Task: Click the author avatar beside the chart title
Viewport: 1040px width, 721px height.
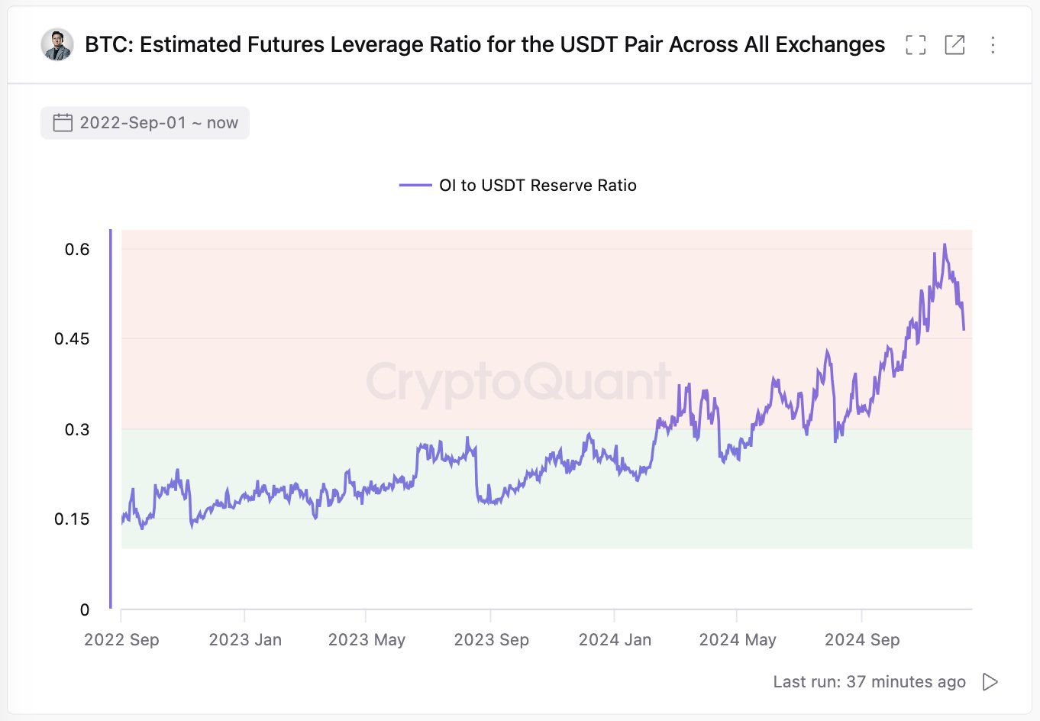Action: (x=57, y=45)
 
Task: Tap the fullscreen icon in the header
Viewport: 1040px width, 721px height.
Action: (x=916, y=45)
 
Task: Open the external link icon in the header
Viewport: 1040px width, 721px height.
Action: (x=954, y=45)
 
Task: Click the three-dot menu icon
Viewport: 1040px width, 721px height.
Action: (x=993, y=45)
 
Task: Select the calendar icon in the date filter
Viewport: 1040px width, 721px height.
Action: (x=63, y=123)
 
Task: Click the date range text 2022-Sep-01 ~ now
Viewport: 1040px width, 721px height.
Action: (x=159, y=123)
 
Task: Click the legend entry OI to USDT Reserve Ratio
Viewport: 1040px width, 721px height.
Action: (x=537, y=186)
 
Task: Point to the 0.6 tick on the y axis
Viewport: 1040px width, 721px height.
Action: (x=77, y=250)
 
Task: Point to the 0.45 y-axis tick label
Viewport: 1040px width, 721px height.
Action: (x=72, y=339)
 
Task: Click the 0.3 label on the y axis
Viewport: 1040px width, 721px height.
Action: (x=77, y=429)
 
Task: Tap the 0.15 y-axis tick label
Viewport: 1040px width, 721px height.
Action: (x=72, y=519)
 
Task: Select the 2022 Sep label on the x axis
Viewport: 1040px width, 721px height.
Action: (x=121, y=640)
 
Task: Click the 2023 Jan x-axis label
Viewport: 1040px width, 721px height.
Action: (x=245, y=640)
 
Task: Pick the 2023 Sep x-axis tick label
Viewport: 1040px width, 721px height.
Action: (x=491, y=640)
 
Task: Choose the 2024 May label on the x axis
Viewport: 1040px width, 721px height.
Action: (x=737, y=640)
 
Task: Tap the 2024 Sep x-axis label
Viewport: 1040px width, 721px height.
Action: (x=862, y=640)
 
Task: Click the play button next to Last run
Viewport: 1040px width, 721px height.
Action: (x=990, y=682)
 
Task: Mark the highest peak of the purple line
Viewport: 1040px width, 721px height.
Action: (x=945, y=245)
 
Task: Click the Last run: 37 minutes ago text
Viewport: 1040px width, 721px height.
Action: (x=869, y=682)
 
